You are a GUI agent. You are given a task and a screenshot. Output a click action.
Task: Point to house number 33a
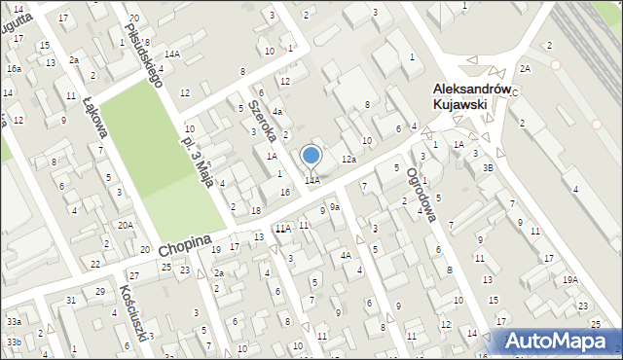tap(14, 321)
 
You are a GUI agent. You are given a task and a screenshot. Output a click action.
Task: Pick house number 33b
tap(14, 342)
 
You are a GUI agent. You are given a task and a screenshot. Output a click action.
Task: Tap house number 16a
tap(14, 69)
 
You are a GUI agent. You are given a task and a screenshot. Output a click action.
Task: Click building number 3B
tap(488, 168)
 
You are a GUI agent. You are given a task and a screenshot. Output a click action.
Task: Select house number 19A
tap(569, 279)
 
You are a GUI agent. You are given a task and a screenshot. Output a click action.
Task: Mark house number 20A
tap(126, 225)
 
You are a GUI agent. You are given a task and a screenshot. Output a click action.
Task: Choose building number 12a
tap(348, 159)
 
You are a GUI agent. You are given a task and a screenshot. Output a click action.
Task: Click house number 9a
tap(334, 207)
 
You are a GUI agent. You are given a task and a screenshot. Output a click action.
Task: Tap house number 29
tap(100, 292)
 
